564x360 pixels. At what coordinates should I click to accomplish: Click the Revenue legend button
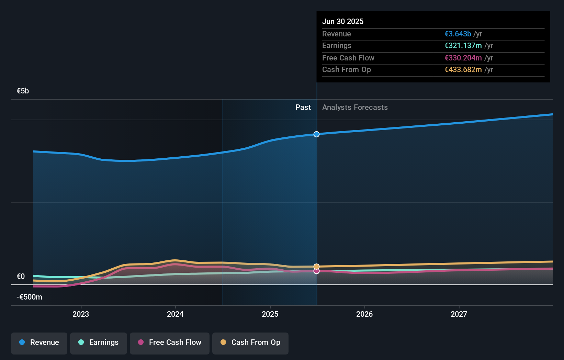(39, 342)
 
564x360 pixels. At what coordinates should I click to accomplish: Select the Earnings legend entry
(99, 342)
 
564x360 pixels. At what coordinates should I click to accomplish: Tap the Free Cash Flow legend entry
(170, 342)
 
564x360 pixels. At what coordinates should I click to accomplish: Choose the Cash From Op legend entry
(250, 342)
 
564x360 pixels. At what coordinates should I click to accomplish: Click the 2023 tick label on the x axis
(81, 314)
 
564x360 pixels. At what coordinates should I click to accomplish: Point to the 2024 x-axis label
(175, 314)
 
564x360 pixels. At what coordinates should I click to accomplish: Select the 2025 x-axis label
(270, 314)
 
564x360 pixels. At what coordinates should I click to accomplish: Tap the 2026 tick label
(364, 314)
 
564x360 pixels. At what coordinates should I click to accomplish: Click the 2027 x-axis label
(459, 314)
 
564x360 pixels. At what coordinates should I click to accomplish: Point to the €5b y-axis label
(23, 91)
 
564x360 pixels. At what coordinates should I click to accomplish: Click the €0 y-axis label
(21, 277)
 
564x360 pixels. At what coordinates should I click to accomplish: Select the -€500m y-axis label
(30, 297)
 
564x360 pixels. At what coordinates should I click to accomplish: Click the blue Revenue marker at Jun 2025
(317, 134)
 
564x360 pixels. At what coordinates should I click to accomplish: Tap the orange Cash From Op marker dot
(317, 267)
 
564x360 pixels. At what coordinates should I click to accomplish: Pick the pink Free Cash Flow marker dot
(317, 271)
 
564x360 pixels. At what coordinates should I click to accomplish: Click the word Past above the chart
(303, 108)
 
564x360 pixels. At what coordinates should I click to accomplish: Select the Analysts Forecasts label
(355, 108)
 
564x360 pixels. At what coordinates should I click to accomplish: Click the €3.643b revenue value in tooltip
(458, 34)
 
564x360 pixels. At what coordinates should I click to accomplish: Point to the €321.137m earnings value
(463, 46)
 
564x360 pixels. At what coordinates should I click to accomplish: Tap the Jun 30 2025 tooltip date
(343, 22)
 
